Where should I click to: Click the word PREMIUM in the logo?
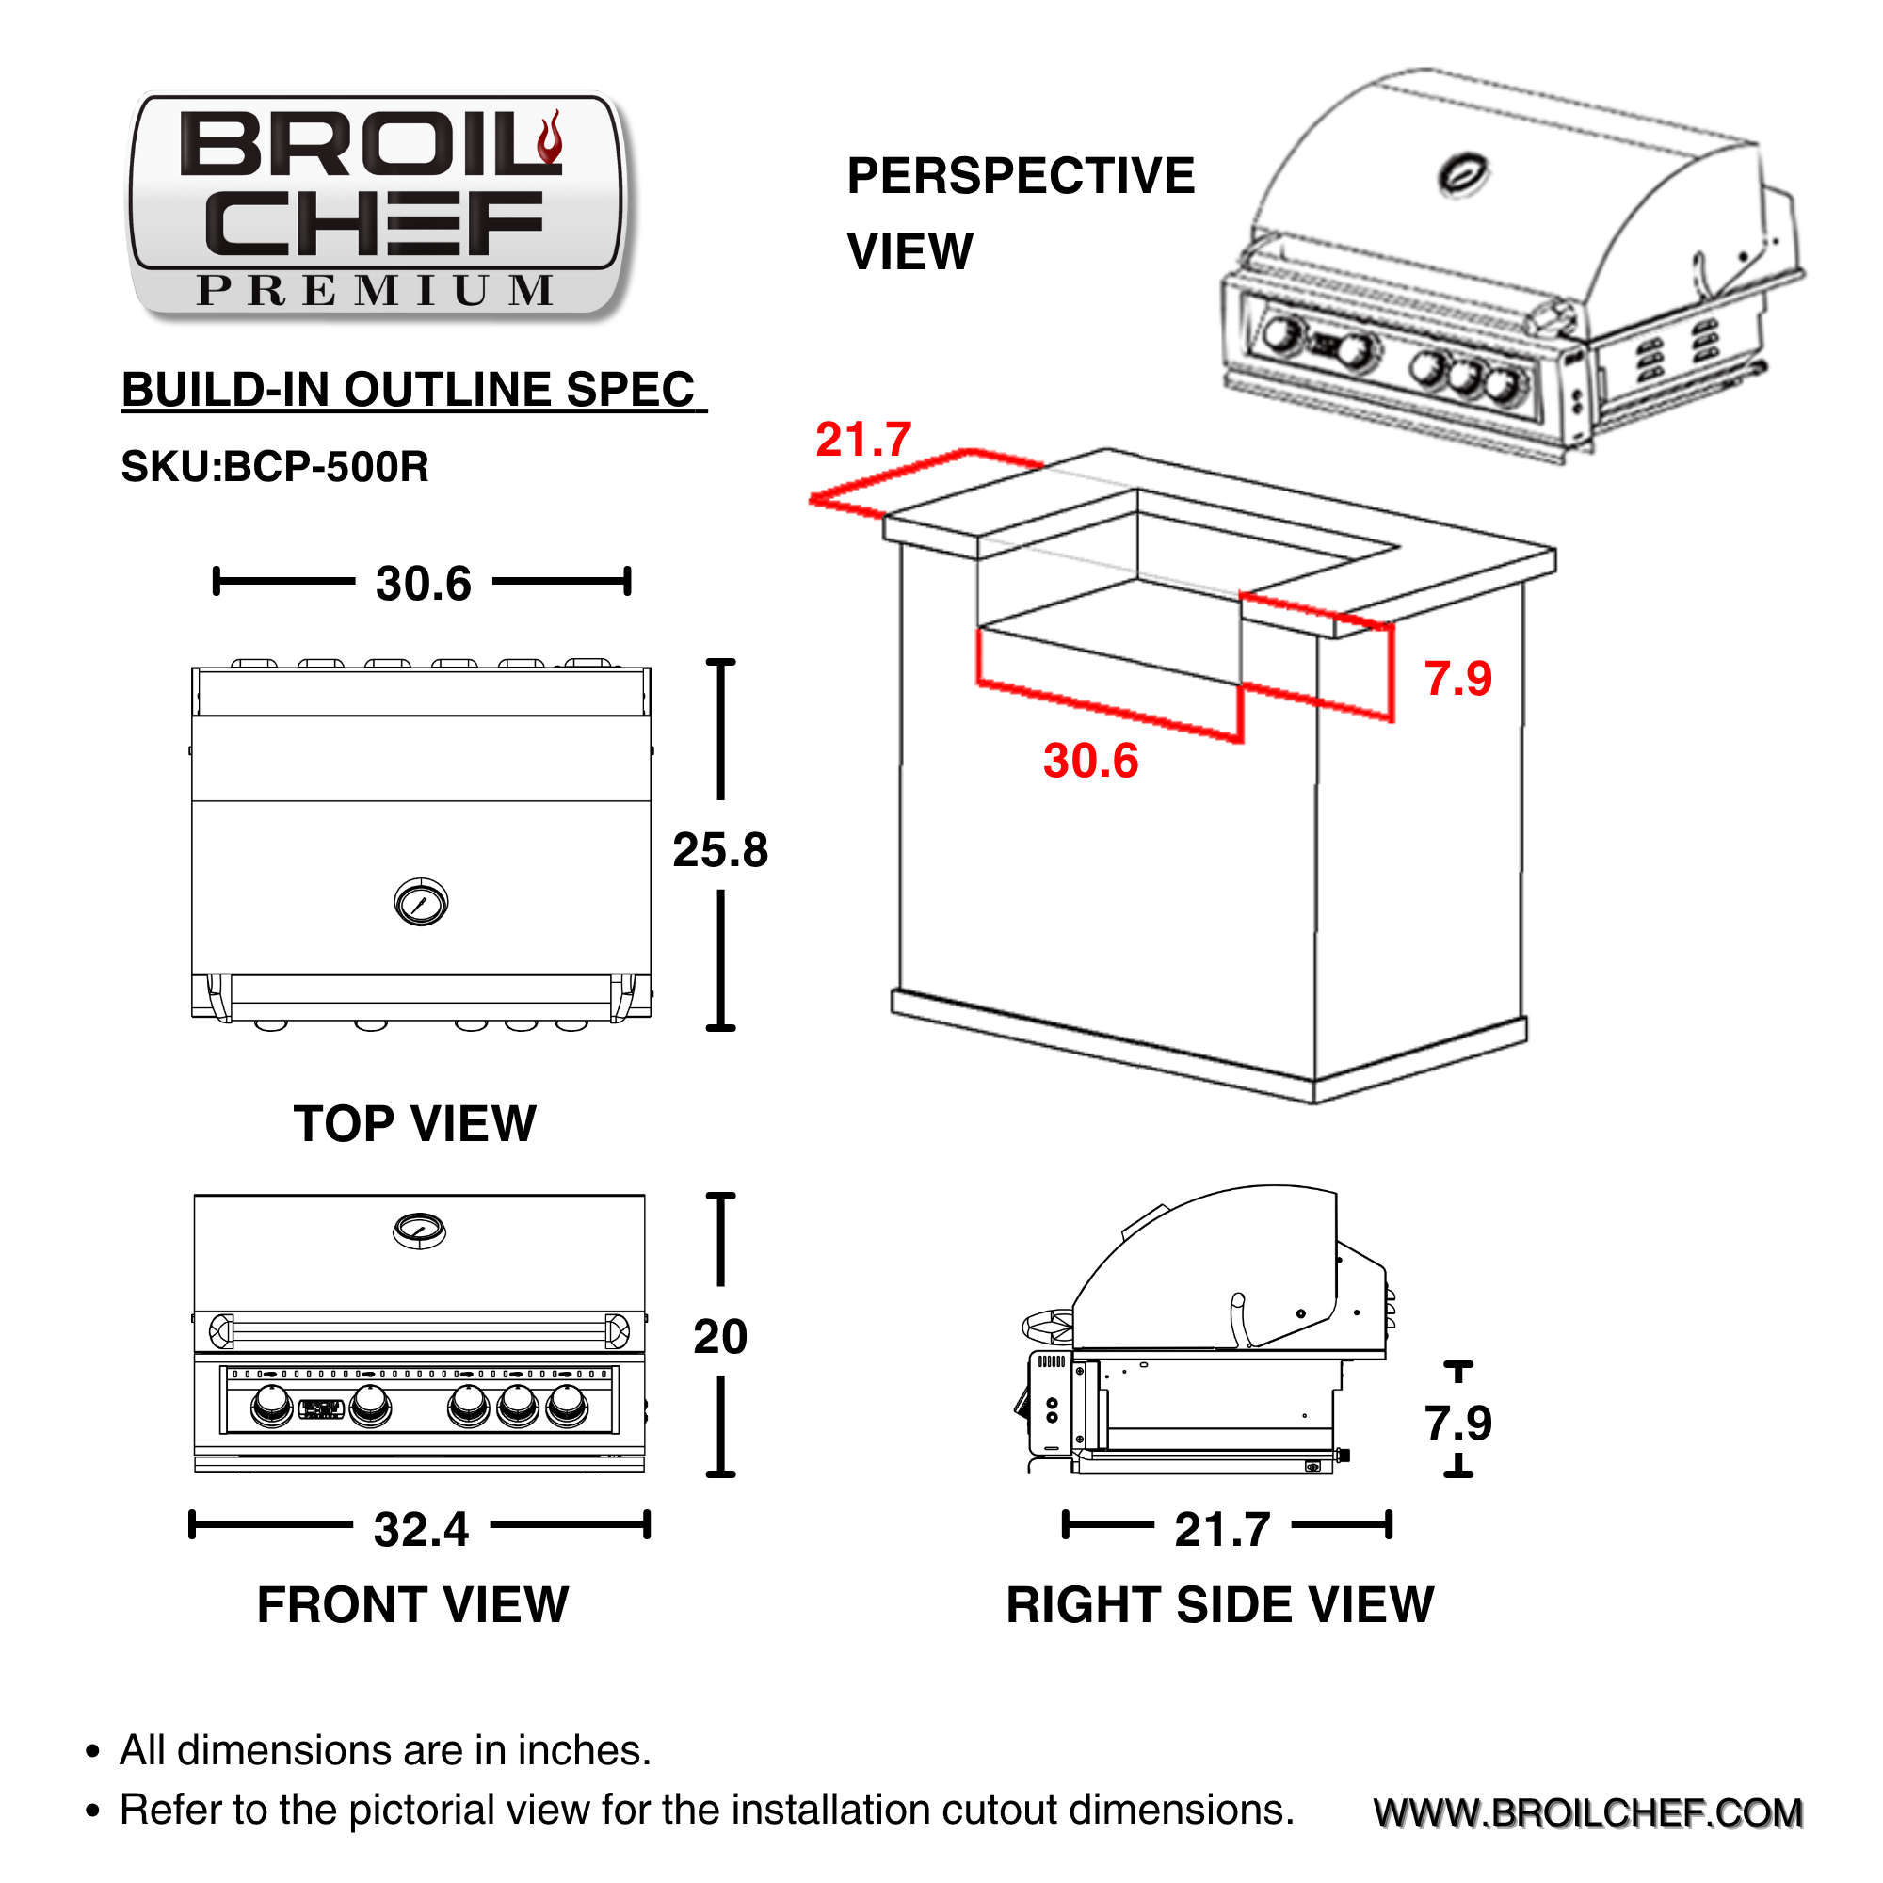click(x=377, y=290)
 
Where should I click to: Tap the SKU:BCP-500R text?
click(x=275, y=467)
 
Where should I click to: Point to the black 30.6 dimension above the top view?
click(x=423, y=584)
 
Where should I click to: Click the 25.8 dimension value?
click(x=720, y=850)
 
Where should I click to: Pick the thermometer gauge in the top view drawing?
click(x=421, y=902)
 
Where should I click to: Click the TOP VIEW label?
click(x=414, y=1124)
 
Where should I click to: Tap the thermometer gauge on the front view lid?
click(x=419, y=1230)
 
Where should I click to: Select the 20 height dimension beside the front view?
click(x=720, y=1336)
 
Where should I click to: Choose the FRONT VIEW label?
click(x=412, y=1605)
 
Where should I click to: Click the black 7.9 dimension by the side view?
click(x=1458, y=1423)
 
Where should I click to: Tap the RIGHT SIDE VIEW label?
click(x=1220, y=1605)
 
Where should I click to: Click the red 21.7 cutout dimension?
click(x=863, y=440)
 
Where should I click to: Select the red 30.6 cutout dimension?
click(x=1090, y=761)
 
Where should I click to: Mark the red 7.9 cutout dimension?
click(x=1458, y=678)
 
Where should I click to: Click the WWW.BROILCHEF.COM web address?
click(x=1588, y=1812)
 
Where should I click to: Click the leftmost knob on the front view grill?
click(x=271, y=1406)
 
